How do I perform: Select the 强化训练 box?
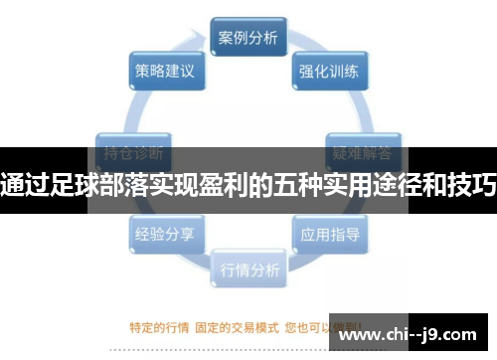coord(329,72)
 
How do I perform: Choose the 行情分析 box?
coord(248,269)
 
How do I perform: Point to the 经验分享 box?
coord(164,235)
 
